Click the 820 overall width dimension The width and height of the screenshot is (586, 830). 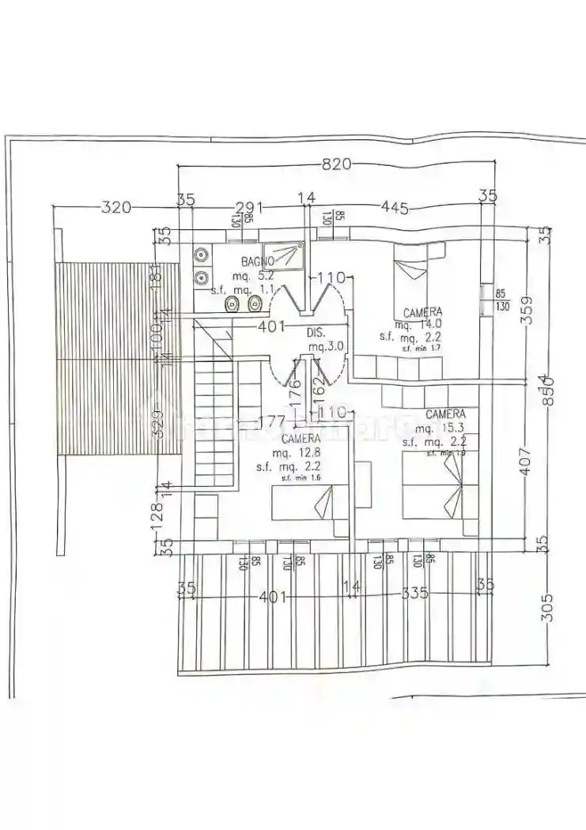pos(336,164)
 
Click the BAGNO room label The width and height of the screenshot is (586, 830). pos(258,261)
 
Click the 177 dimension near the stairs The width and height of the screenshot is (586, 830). pos(271,420)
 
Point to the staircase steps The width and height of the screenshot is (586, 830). pos(214,427)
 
